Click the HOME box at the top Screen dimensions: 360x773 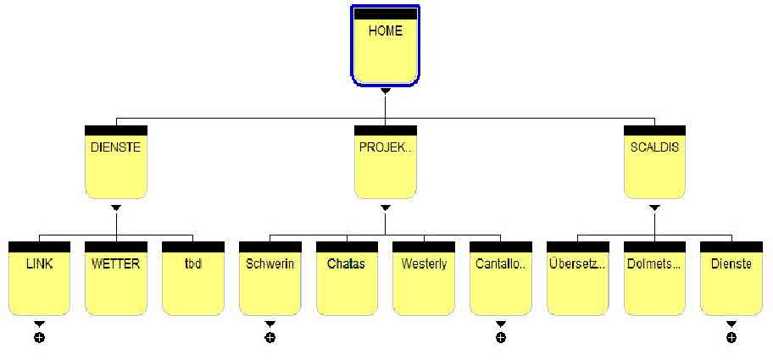coord(385,46)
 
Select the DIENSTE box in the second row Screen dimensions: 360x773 coord(117,162)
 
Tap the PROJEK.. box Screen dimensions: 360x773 coord(385,162)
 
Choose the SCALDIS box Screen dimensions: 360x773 coord(654,162)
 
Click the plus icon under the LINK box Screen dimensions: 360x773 coord(39,338)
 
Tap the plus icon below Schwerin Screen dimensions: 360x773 coord(270,338)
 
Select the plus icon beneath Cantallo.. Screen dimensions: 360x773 coord(501,338)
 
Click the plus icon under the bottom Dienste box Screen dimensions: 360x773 coord(731,338)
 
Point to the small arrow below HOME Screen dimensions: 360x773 coord(385,91)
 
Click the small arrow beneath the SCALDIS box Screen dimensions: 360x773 coord(654,208)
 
